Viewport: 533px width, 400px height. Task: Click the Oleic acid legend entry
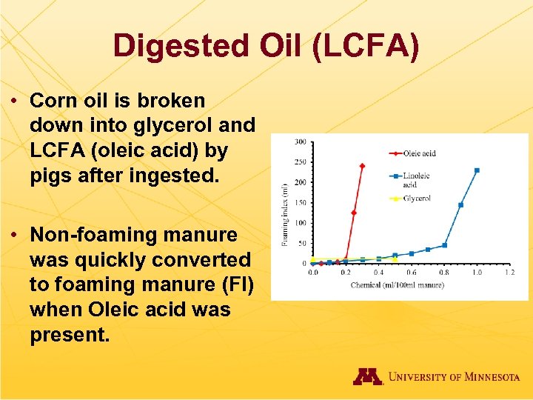tap(418, 153)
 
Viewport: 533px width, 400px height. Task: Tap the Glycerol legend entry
tap(417, 199)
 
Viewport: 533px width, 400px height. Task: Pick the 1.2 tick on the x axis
tap(509, 273)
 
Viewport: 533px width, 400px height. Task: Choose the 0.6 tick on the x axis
tap(411, 273)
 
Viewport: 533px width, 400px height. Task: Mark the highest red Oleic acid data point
tap(362, 166)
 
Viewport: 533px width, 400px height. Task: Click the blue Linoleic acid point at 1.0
tap(477, 170)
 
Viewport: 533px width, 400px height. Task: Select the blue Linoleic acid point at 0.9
tap(460, 204)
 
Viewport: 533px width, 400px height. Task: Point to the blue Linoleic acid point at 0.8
tap(444, 245)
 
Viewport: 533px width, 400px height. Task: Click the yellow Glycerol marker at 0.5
tap(395, 259)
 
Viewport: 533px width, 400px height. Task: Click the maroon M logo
tap(367, 376)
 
